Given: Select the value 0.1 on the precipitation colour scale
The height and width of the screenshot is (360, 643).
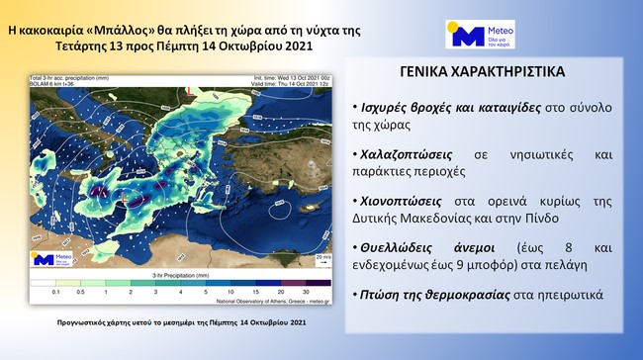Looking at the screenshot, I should pyautogui.click(x=58, y=294).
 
